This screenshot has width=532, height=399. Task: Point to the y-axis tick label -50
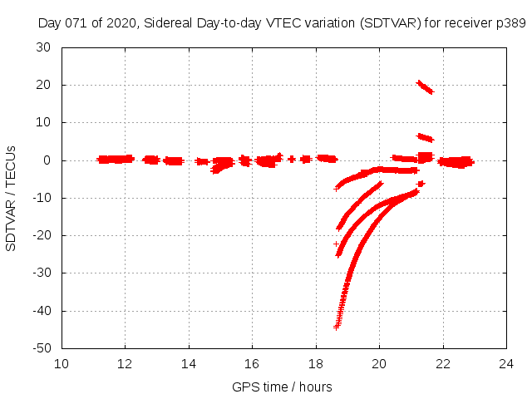click(x=41, y=348)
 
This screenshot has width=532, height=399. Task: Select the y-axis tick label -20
click(x=41, y=235)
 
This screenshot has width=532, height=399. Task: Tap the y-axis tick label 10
click(x=44, y=122)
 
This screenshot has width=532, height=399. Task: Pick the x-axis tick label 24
click(x=506, y=363)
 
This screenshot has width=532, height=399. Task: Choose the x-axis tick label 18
click(x=316, y=363)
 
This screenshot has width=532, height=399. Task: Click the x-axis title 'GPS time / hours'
click(x=283, y=387)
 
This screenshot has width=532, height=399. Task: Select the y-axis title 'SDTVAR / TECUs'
click(x=12, y=198)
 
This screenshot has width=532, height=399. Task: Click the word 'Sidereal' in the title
click(x=165, y=22)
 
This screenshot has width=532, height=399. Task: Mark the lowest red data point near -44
click(x=337, y=327)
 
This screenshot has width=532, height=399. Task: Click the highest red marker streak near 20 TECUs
click(x=425, y=86)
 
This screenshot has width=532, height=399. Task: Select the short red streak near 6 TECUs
click(x=425, y=137)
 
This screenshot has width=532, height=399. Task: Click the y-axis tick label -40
click(x=41, y=311)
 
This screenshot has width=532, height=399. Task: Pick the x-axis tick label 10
click(x=62, y=363)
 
